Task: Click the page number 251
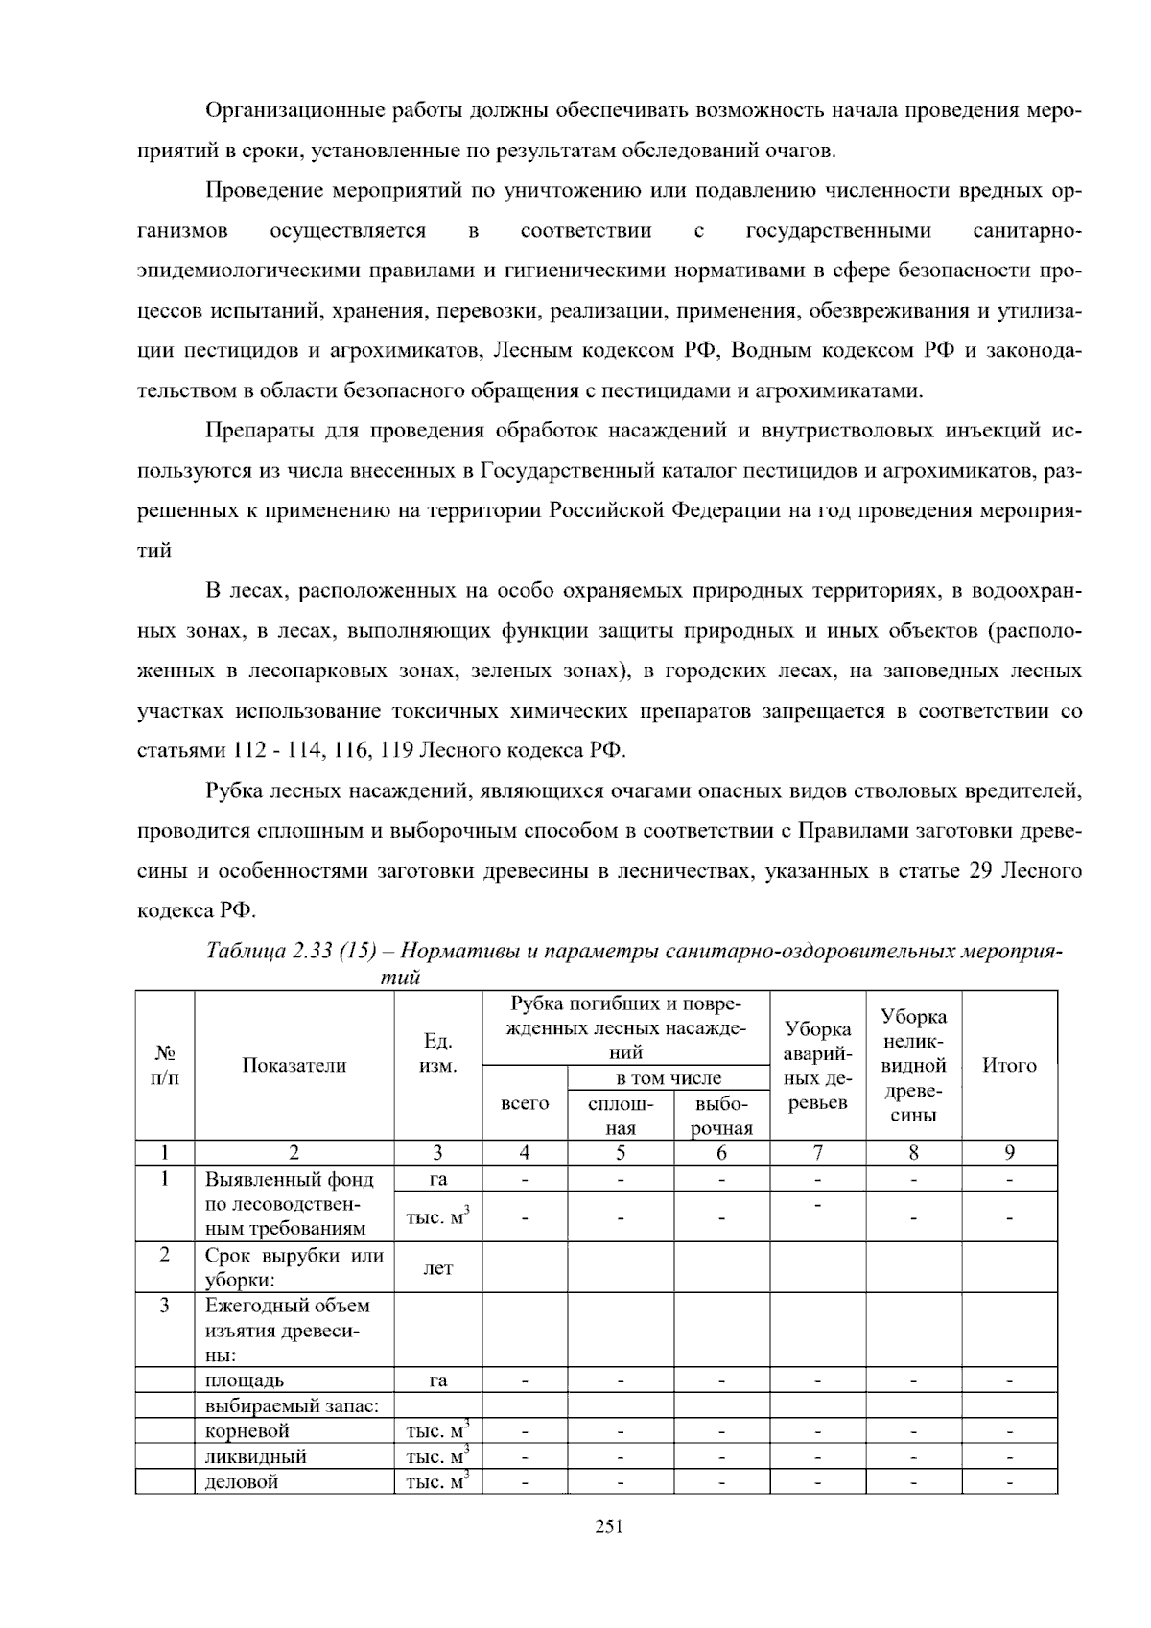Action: click(x=609, y=1527)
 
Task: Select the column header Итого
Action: click(x=1009, y=1065)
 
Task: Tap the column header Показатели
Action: click(x=294, y=1065)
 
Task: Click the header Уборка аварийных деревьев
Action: click(x=817, y=1065)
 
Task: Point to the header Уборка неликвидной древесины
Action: click(x=913, y=1065)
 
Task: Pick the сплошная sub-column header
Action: click(x=621, y=1116)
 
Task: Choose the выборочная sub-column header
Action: click(x=721, y=1116)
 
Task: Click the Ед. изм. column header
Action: click(x=437, y=1053)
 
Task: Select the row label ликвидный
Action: click(x=255, y=1456)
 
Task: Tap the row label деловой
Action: click(x=242, y=1481)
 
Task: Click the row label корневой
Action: click(x=247, y=1431)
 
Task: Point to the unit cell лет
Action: click(x=437, y=1268)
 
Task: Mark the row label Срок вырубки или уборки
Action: click(x=294, y=1267)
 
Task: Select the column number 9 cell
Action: click(x=1009, y=1153)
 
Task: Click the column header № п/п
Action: click(x=165, y=1065)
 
